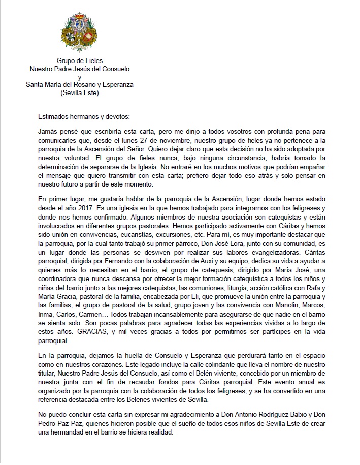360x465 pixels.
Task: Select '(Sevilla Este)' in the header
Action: pyautogui.click(x=80, y=93)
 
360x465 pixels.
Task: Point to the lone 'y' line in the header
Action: pyautogui.click(x=80, y=77)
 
